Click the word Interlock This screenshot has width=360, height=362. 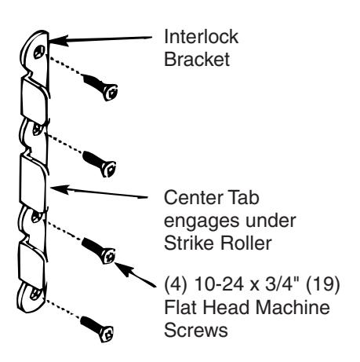point(201,37)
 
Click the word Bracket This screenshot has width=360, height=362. point(197,59)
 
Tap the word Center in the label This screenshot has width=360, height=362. point(194,197)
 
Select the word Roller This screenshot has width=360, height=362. point(245,243)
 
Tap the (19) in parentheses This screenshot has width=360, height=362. point(322,283)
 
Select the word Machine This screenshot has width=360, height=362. point(293,307)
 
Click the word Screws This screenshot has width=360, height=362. point(196,330)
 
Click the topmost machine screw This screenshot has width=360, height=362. point(100,87)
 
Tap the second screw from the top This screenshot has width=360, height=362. point(100,164)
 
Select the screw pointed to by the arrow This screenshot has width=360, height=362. point(98,250)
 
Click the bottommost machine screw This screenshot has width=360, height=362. point(96,329)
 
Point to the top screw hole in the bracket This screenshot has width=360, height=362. point(38,53)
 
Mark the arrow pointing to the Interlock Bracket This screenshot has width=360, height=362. point(100,39)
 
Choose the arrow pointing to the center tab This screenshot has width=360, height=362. point(99,192)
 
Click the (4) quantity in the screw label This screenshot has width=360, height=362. point(175,283)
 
